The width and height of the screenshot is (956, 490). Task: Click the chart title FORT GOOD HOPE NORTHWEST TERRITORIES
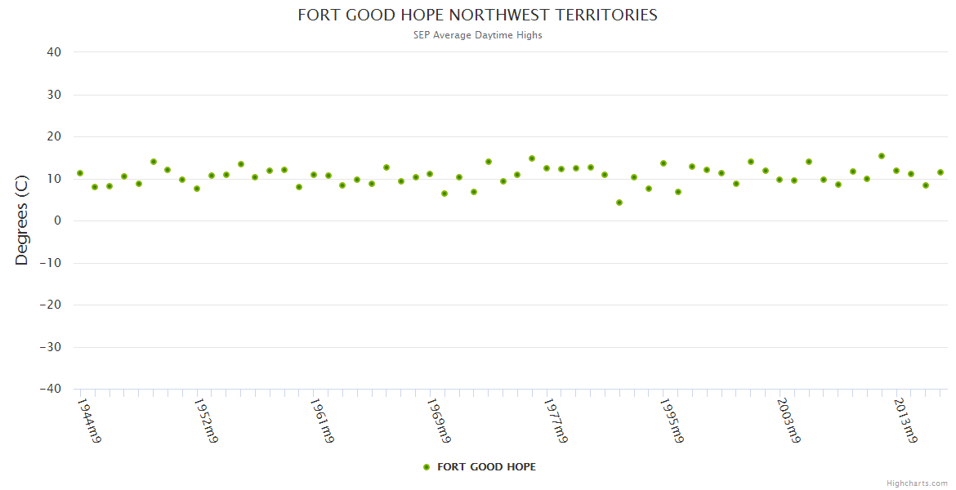pyautogui.click(x=477, y=15)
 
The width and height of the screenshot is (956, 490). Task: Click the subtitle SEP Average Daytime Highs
pyautogui.click(x=477, y=35)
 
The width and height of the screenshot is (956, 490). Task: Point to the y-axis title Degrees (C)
pyautogui.click(x=22, y=220)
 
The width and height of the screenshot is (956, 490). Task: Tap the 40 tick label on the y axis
pyautogui.click(x=54, y=52)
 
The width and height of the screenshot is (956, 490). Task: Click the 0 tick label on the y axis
pyautogui.click(x=58, y=220)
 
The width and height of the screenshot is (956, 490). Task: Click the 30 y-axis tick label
pyautogui.click(x=54, y=95)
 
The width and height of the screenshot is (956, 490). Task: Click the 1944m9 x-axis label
pyautogui.click(x=89, y=421)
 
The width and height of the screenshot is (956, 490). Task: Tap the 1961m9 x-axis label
pyautogui.click(x=322, y=421)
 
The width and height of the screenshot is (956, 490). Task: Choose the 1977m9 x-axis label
pyautogui.click(x=556, y=421)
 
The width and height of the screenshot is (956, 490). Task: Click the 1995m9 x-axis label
pyautogui.click(x=672, y=421)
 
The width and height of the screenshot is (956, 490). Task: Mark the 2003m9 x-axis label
pyautogui.click(x=788, y=421)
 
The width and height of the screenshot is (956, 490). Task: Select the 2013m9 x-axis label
pyautogui.click(x=905, y=421)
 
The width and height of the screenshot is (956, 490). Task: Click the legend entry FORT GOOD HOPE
pyautogui.click(x=486, y=467)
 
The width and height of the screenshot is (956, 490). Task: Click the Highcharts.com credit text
pyautogui.click(x=917, y=483)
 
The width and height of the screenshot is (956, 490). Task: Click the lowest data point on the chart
pyautogui.click(x=619, y=203)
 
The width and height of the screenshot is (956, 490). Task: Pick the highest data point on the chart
pyautogui.click(x=882, y=156)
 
